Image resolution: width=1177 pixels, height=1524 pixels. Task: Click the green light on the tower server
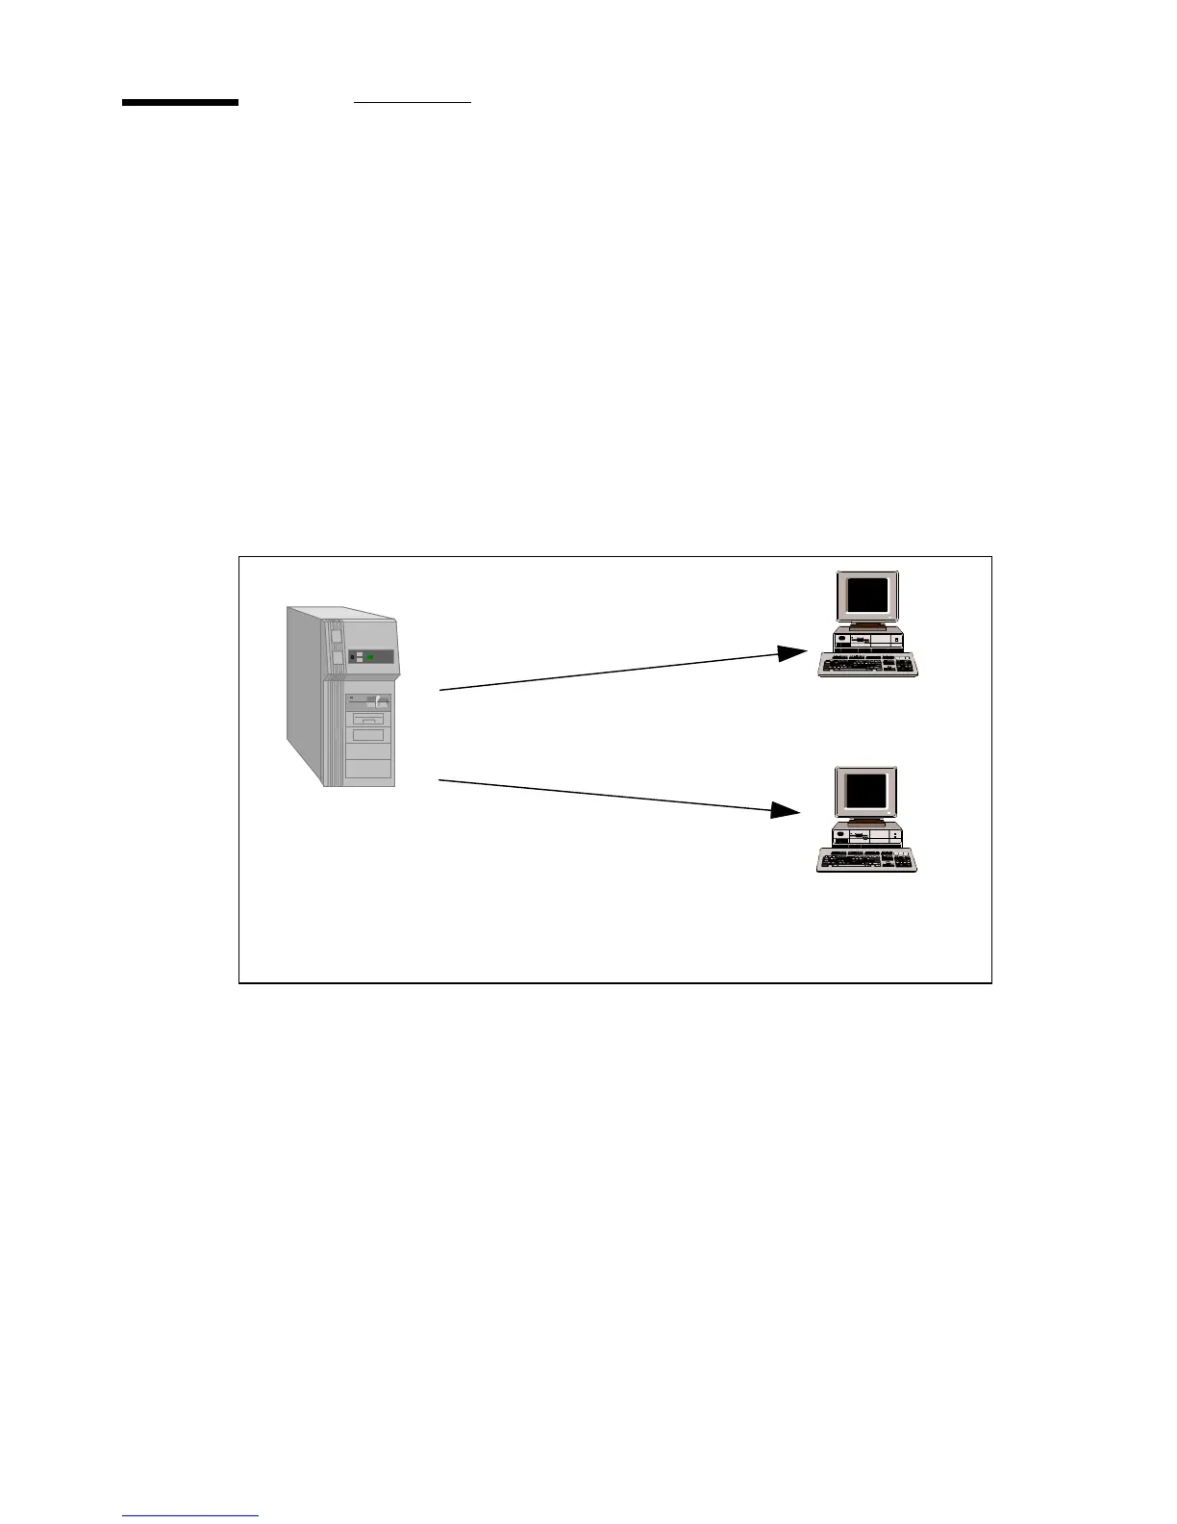tap(370, 657)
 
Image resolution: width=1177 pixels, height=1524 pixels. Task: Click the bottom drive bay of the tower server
tap(369, 768)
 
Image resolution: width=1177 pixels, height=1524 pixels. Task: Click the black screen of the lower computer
tap(865, 792)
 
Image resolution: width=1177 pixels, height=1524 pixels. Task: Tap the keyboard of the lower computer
tap(865, 860)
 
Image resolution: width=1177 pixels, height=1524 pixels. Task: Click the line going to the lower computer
tap(606, 796)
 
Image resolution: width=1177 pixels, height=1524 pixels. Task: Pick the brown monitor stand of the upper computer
tap(867, 626)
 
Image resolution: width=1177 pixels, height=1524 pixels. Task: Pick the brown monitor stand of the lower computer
tap(866, 823)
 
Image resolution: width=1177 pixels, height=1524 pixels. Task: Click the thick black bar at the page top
tap(180, 102)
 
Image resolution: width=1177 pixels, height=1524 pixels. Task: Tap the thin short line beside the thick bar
tap(413, 101)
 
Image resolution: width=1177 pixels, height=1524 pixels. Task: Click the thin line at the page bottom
tap(190, 1516)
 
